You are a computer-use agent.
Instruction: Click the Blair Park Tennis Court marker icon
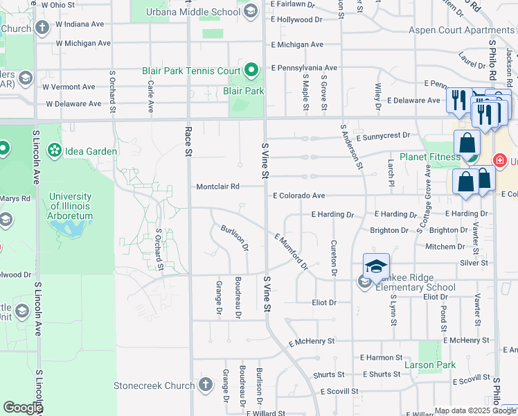click(x=251, y=70)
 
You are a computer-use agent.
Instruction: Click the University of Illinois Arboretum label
click(x=71, y=206)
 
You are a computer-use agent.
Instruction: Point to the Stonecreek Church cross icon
click(x=206, y=384)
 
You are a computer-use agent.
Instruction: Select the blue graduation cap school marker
click(x=376, y=266)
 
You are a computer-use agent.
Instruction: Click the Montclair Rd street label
click(x=217, y=187)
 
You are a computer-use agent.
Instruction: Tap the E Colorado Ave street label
click(x=298, y=196)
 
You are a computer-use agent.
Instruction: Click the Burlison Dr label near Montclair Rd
click(x=235, y=238)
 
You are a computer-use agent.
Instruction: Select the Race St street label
click(x=188, y=141)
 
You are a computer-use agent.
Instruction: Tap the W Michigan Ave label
click(x=84, y=43)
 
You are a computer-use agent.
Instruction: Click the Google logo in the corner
click(x=23, y=408)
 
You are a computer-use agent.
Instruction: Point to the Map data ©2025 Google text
click(x=475, y=410)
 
